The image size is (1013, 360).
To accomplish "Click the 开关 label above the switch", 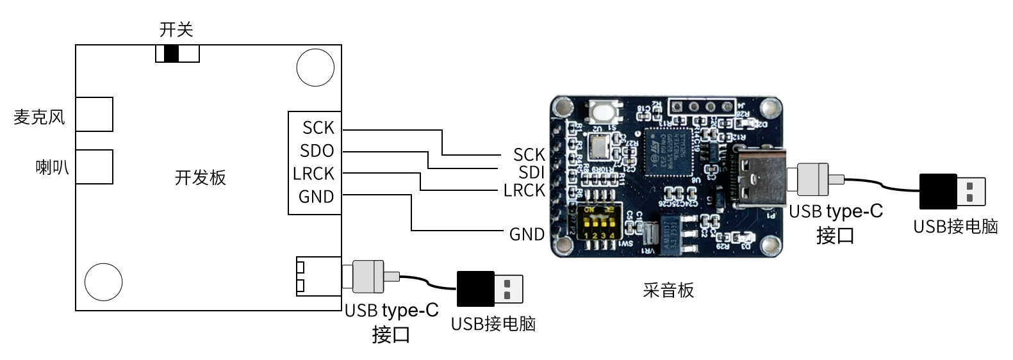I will (176, 29).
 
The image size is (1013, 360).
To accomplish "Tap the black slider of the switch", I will (171, 54).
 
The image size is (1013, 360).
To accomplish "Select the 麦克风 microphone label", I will (39, 117).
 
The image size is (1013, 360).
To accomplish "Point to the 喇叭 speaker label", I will (52, 168).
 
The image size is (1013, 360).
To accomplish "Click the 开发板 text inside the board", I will (201, 177).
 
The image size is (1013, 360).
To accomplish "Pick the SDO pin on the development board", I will (317, 151).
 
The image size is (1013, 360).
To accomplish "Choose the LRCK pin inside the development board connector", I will (314, 174).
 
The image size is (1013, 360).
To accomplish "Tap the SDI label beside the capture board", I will (531, 172).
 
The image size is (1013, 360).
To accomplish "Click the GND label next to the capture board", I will (527, 234).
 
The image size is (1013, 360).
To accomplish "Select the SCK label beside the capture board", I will (529, 154).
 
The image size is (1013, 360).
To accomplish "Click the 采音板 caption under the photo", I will (668, 290).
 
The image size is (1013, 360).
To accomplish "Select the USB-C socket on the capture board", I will (759, 177).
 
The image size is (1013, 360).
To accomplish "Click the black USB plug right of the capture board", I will (951, 192).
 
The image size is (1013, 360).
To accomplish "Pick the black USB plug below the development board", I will (490, 289).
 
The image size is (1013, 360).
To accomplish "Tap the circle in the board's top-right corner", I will (315, 67).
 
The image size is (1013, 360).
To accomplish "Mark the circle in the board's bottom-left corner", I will (103, 282).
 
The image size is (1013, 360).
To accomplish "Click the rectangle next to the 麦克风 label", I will (94, 115).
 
